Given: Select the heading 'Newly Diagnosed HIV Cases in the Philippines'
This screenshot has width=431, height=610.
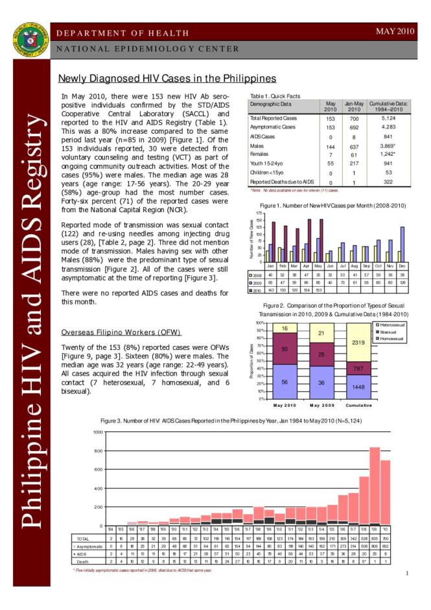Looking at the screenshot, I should (167, 79).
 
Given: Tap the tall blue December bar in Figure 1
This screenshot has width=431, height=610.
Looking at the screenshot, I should (402, 244).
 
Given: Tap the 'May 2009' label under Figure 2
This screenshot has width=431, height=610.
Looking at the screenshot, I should (321, 406).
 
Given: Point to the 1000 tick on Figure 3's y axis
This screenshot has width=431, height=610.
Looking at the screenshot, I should (97, 432).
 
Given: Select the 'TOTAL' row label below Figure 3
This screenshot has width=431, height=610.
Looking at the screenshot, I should (83, 539).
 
